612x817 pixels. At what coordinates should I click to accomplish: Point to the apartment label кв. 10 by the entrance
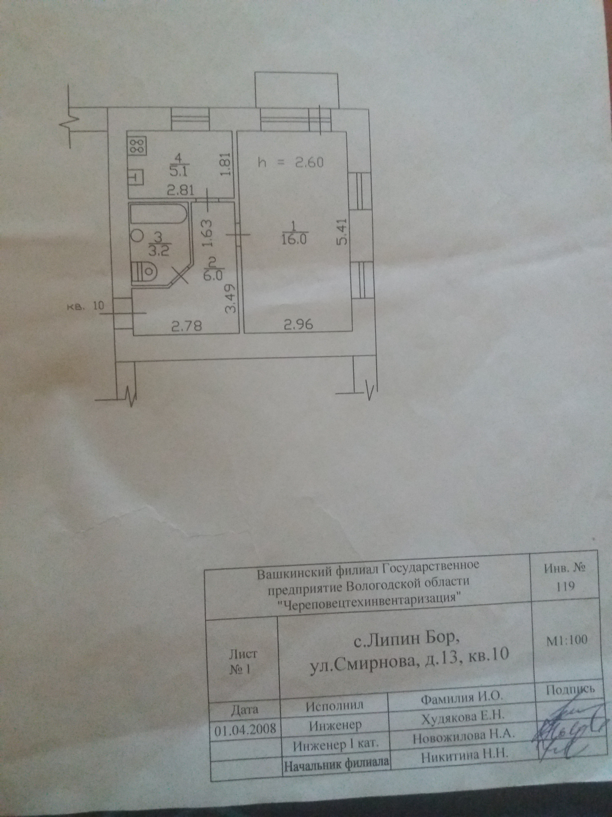click(x=85, y=306)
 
